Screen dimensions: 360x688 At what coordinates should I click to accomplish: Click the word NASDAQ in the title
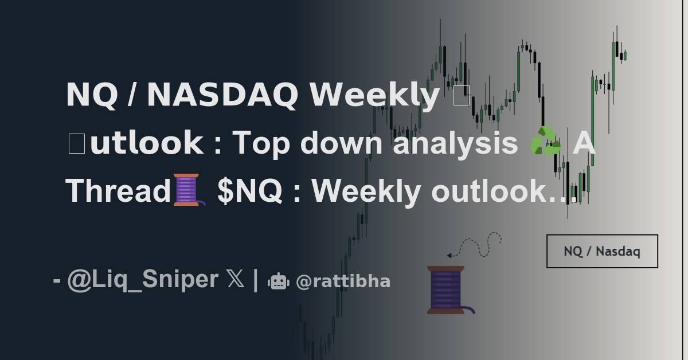[222, 95]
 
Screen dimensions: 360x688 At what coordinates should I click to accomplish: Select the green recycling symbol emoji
[545, 142]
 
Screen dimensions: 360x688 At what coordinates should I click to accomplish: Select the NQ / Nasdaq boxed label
[602, 251]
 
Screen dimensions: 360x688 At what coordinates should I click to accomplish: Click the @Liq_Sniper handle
[142, 280]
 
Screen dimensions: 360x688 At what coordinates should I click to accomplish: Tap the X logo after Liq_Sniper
[234, 280]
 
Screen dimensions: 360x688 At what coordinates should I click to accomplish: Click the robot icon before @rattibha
[279, 281]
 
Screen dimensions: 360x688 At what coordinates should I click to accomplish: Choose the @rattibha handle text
[343, 281]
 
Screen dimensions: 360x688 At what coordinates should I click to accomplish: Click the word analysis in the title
[455, 143]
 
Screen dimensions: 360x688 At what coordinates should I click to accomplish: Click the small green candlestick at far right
[625, 56]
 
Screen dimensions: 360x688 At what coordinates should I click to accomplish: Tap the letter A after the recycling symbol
[584, 143]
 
